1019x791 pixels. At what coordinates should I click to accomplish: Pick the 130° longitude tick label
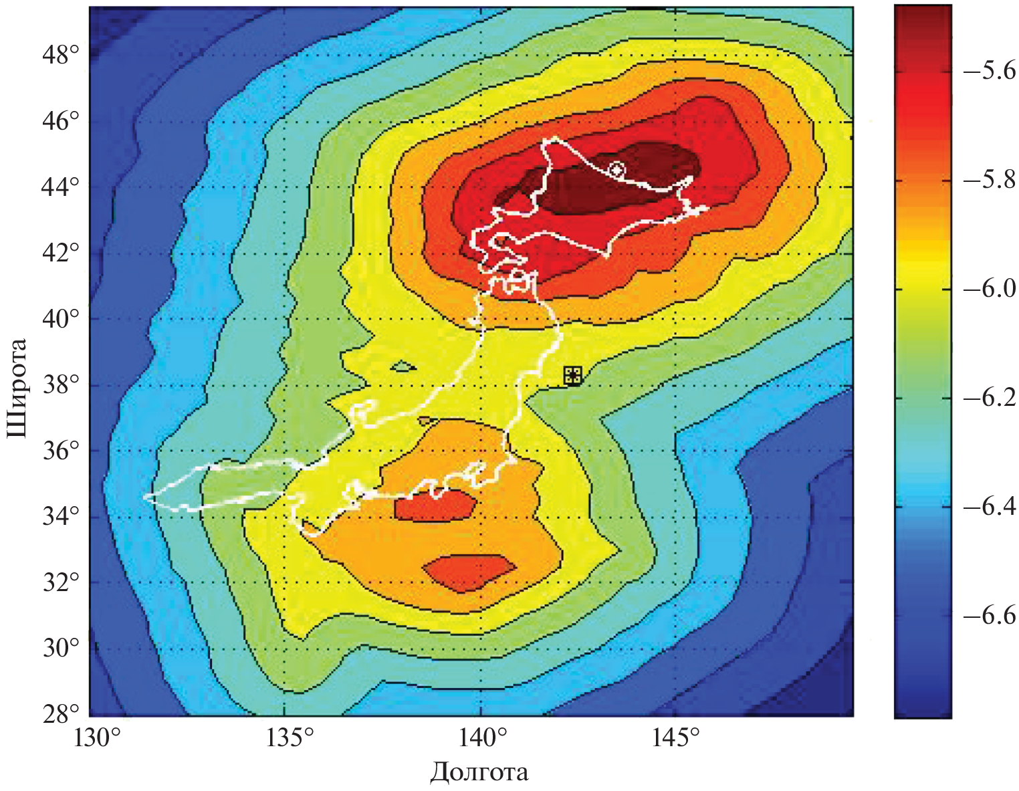click(100, 740)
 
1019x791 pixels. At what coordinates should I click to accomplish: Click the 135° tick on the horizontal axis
click(290, 740)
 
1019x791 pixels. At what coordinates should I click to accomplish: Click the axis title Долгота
click(479, 772)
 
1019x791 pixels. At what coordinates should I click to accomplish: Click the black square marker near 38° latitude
click(572, 376)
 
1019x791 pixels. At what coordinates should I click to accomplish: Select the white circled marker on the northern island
click(616, 169)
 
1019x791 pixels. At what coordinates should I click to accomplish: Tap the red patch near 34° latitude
click(435, 505)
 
